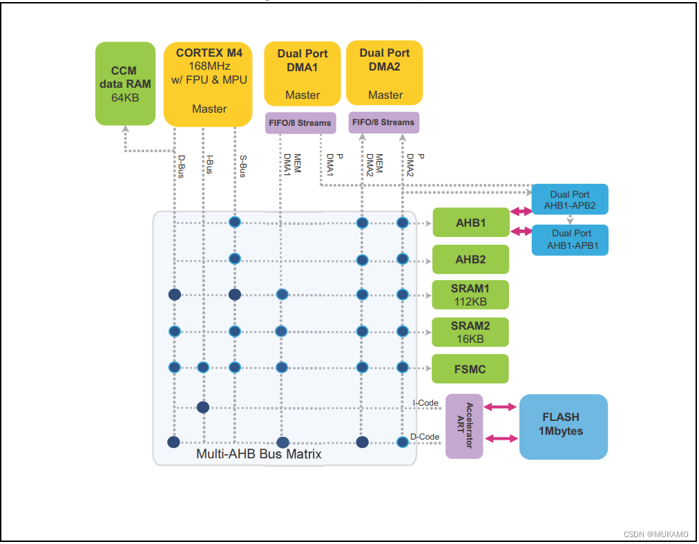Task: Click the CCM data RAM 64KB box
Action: click(125, 84)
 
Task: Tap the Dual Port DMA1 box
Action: click(303, 74)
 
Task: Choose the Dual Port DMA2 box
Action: click(385, 73)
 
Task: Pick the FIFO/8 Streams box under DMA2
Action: click(383, 122)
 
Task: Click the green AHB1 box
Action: click(470, 223)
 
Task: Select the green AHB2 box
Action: click(470, 260)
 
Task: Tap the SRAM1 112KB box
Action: click(470, 294)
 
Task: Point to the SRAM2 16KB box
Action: click(470, 332)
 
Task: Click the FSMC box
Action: click(470, 369)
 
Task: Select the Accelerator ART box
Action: click(464, 426)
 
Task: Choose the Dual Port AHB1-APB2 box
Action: click(570, 200)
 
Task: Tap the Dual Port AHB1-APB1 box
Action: click(570, 239)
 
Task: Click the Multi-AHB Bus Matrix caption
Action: click(259, 454)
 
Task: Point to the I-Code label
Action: click(425, 402)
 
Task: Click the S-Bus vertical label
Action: click(243, 166)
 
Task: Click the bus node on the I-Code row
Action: click(203, 407)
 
